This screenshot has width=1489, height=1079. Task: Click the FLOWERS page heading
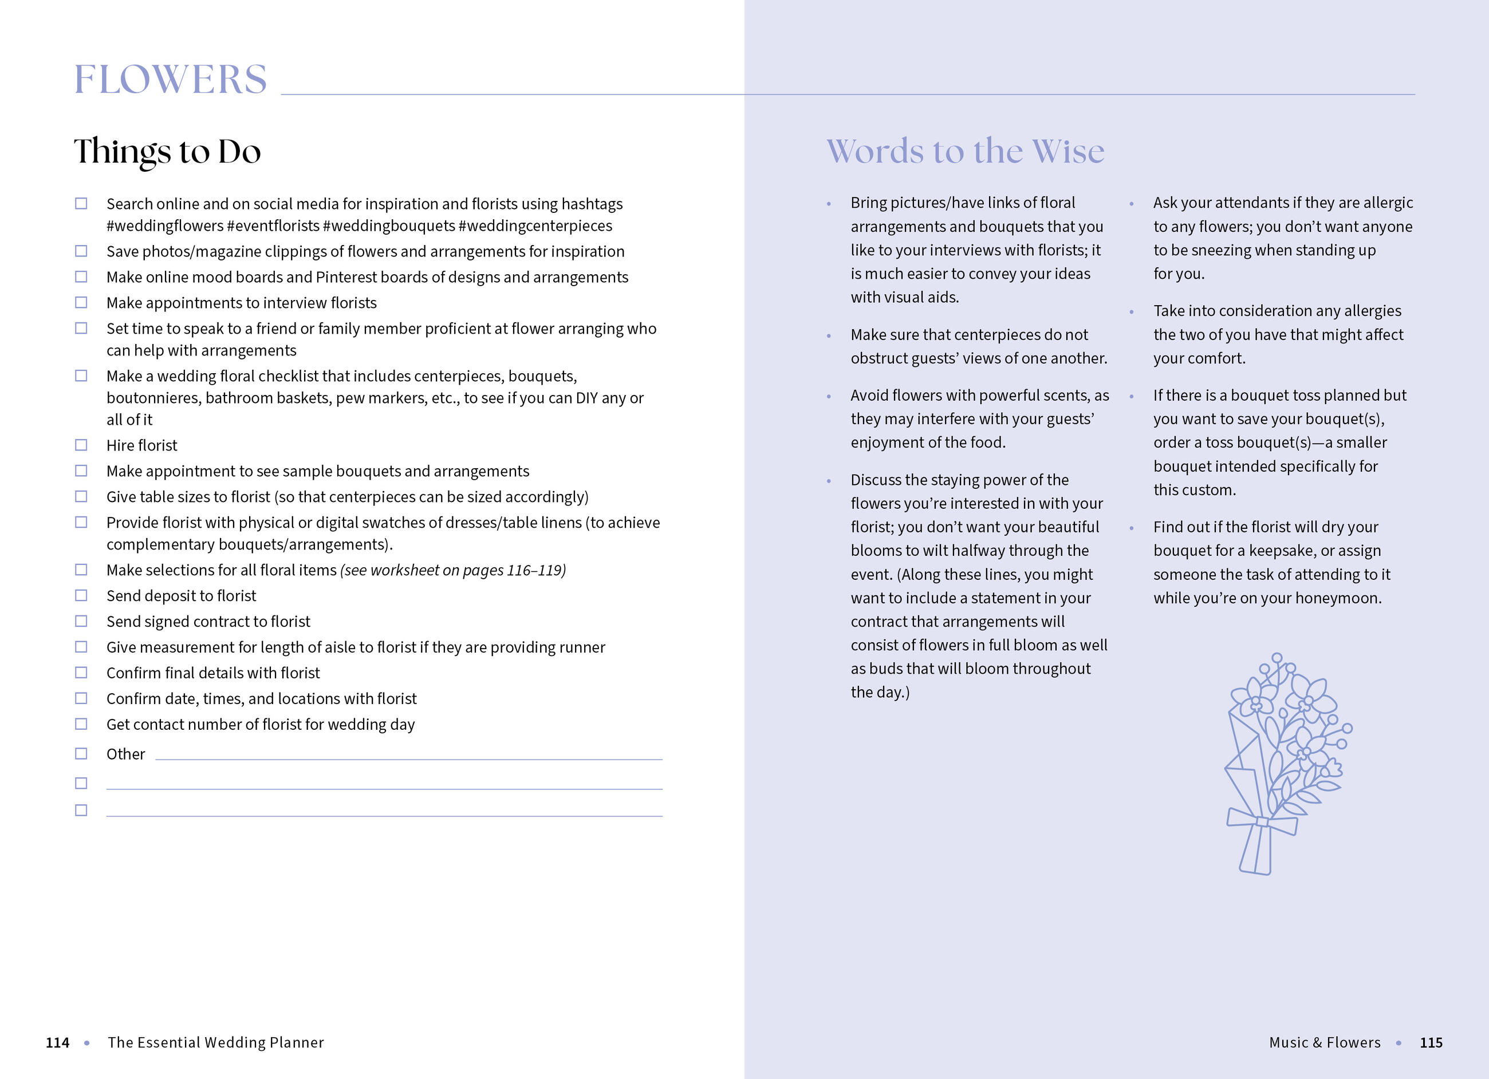(x=170, y=80)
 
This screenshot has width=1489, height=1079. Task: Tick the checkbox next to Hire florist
(x=81, y=445)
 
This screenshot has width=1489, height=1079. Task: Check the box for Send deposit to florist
(x=81, y=595)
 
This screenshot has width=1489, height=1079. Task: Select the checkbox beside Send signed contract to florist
(x=81, y=621)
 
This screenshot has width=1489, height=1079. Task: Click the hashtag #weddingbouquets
(x=389, y=226)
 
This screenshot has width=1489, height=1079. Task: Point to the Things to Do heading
(x=167, y=152)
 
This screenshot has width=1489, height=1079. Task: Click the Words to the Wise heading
(x=965, y=152)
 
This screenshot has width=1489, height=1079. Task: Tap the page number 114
(x=58, y=1043)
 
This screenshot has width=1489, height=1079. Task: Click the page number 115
(x=1431, y=1043)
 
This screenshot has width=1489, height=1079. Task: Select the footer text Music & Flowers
(x=1324, y=1043)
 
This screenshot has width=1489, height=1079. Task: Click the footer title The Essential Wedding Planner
(x=216, y=1043)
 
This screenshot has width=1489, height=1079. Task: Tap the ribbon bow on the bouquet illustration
(x=1261, y=822)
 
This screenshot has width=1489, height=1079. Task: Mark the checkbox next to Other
(x=81, y=753)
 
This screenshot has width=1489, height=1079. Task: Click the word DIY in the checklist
(x=586, y=398)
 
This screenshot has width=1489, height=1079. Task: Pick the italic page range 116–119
(x=534, y=570)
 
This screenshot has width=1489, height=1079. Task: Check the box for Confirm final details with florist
(x=81, y=673)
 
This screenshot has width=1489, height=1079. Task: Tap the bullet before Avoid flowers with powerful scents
(x=829, y=397)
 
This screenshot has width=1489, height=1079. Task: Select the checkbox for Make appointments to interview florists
(x=81, y=303)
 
